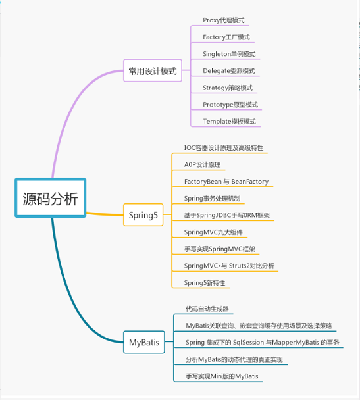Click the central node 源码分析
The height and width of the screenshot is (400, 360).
point(50,198)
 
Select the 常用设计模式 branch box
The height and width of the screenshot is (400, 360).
point(153,71)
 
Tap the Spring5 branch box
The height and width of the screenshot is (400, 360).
point(142,215)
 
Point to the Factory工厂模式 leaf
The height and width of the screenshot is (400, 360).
point(226,37)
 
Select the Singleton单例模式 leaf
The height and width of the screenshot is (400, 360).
point(229,54)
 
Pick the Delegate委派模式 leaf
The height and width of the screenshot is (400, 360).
point(228,71)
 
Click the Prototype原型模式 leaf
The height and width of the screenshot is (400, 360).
point(230,105)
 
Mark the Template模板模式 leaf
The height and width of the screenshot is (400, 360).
point(229,121)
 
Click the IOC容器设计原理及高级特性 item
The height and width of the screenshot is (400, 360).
point(224,148)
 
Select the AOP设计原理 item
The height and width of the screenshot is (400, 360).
point(202,164)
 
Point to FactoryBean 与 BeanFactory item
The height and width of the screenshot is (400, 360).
point(226,182)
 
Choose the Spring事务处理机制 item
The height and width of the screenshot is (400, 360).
point(213,198)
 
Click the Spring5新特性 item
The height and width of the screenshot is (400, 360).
point(205,283)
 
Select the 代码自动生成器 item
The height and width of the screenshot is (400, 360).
point(207,309)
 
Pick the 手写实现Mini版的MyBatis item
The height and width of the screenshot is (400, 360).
point(222,376)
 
